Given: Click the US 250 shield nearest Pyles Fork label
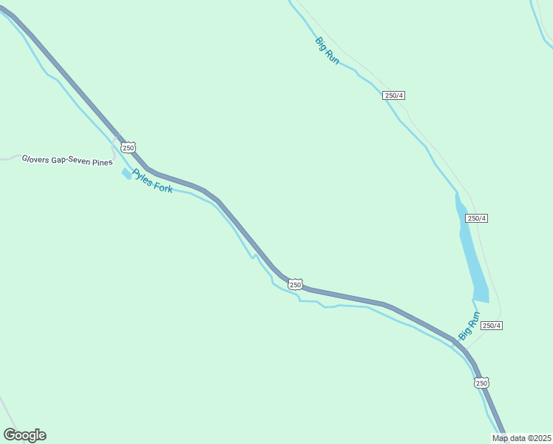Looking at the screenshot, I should click(x=129, y=148).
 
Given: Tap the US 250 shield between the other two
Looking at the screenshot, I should click(x=295, y=284).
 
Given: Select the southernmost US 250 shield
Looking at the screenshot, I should click(x=481, y=383).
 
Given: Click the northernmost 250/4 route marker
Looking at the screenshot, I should click(x=394, y=95).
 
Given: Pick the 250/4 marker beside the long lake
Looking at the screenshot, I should click(x=476, y=218).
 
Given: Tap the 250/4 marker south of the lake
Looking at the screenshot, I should click(x=491, y=326).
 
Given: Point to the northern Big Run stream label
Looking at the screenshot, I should click(x=327, y=51).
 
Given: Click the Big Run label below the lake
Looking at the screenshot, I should click(x=469, y=326).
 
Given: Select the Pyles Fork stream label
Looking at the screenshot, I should click(x=152, y=181).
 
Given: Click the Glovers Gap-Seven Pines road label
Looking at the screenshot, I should click(x=67, y=160).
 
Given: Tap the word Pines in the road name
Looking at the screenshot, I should click(x=102, y=161).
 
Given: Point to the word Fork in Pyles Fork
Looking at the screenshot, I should click(x=163, y=186).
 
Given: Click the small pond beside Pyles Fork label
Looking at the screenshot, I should click(x=126, y=173).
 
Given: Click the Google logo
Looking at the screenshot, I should click(x=24, y=435).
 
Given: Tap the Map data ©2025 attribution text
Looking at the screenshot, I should click(x=522, y=438).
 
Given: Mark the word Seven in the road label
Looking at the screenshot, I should click(x=79, y=161).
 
